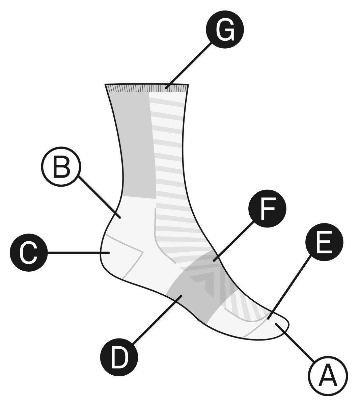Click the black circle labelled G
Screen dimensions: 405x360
(225, 30)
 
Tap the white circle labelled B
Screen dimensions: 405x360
(61, 167)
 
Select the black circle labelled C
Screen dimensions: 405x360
(29, 252)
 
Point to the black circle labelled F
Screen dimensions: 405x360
(267, 208)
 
